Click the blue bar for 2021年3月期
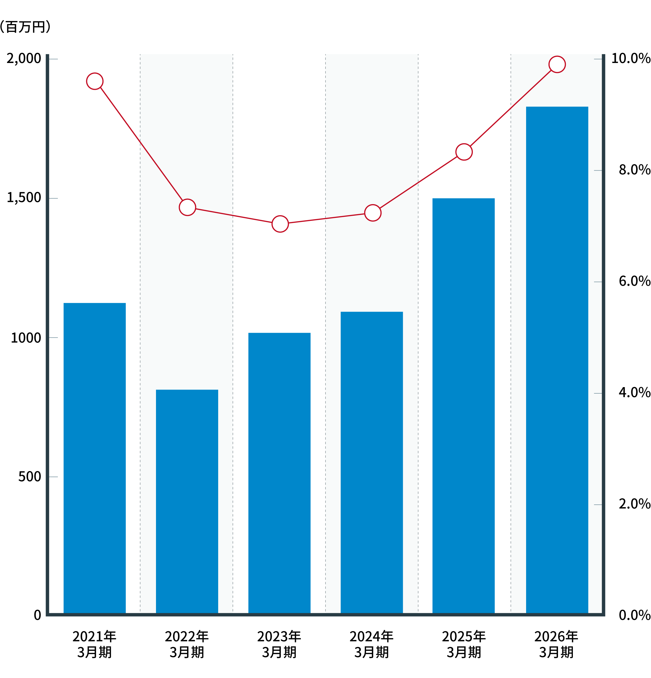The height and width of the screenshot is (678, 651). [94, 458]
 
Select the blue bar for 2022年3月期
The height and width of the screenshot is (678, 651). [187, 501]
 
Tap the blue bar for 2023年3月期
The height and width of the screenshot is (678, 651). [279, 473]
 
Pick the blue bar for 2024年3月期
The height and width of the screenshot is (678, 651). [371, 463]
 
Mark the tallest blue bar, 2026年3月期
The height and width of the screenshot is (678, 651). [557, 360]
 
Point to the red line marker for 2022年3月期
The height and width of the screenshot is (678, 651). [187, 207]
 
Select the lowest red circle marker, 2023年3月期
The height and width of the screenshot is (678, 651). [280, 224]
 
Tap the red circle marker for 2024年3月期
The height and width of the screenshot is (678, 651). [373, 213]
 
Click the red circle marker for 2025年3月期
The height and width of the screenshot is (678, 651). [464, 152]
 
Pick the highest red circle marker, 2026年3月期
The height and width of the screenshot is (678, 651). [557, 64]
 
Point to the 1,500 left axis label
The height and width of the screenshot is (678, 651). [24, 198]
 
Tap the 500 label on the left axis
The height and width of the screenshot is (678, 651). [30, 477]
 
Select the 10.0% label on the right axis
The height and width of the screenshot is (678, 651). [631, 58]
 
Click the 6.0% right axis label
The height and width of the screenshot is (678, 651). [635, 281]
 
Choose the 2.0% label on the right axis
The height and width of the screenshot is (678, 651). [635, 504]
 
